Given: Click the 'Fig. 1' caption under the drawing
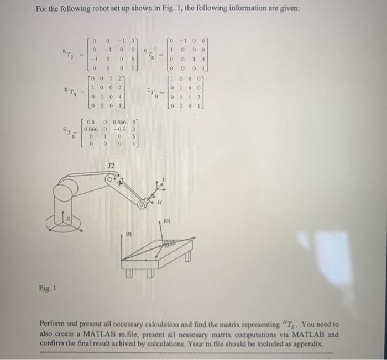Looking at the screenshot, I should click(47, 288).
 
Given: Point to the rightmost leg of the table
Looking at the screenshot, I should click(189, 258).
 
